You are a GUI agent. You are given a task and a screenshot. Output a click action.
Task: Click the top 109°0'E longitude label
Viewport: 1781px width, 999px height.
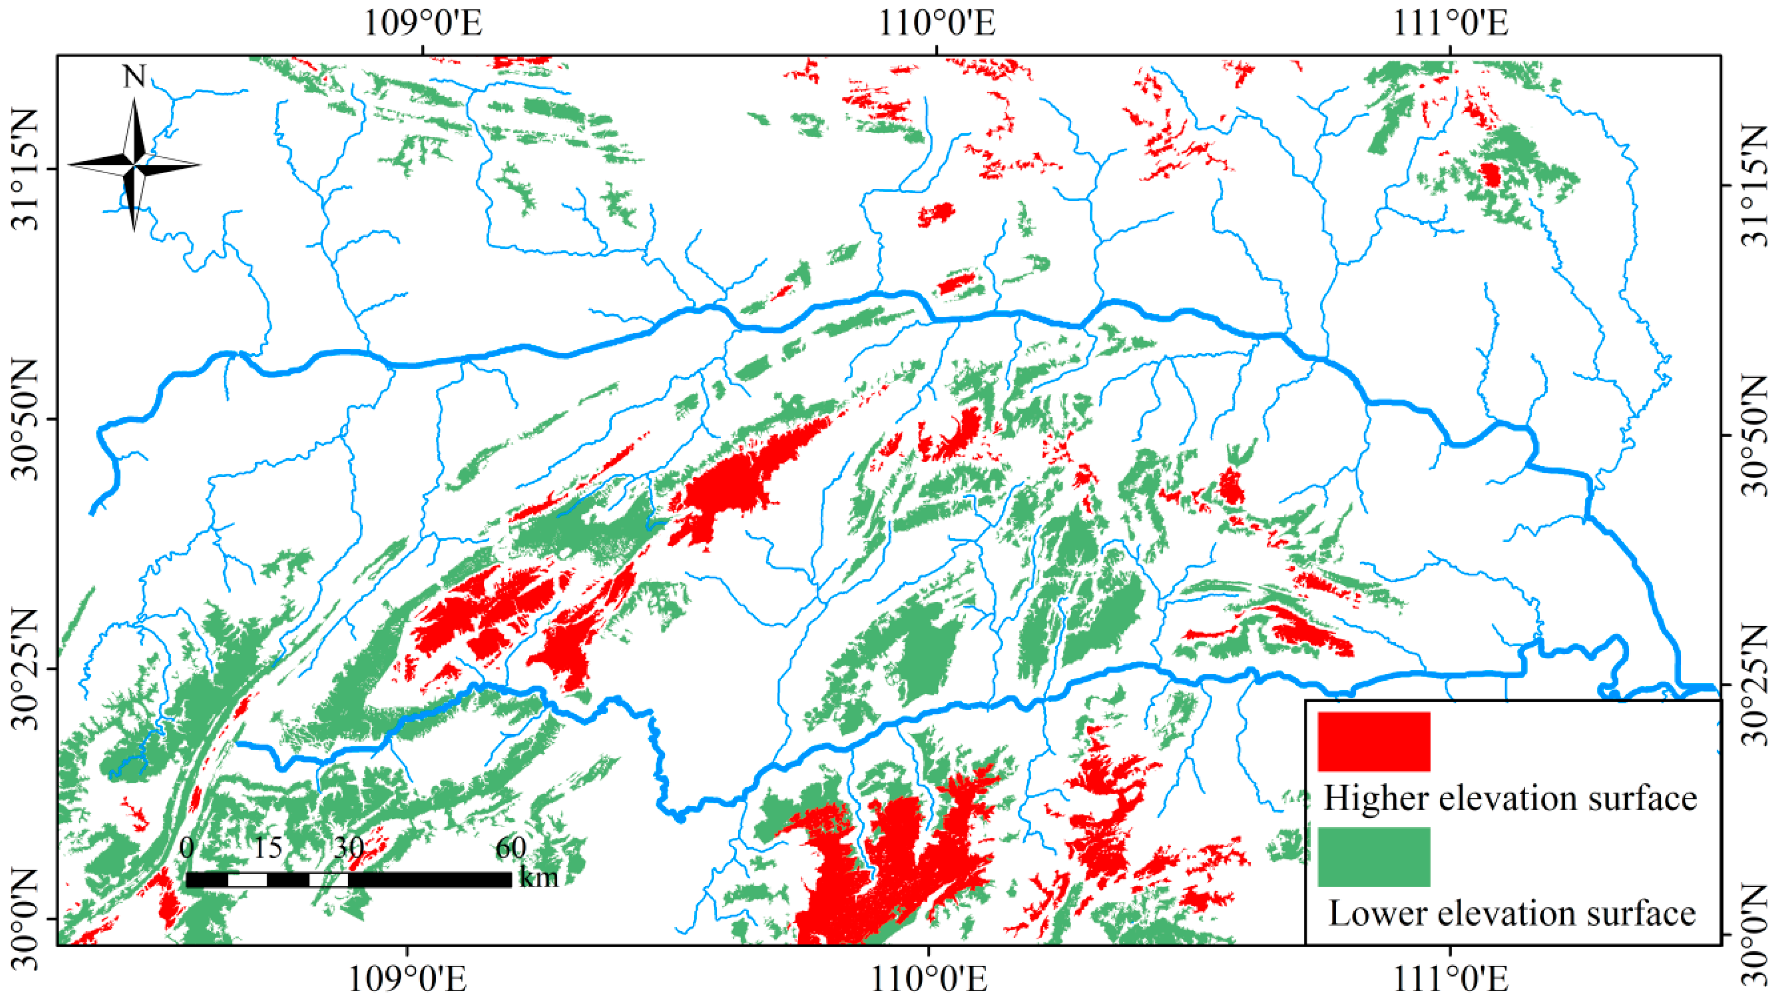pos(422,23)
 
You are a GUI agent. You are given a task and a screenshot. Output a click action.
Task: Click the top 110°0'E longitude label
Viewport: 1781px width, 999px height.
pos(937,23)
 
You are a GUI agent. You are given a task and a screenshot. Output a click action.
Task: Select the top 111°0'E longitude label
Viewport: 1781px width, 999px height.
pos(1450,23)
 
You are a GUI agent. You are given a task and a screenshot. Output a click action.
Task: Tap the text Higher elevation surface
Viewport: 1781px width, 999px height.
pos(1510,798)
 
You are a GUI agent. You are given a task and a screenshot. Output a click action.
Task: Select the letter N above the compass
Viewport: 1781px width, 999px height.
pos(134,77)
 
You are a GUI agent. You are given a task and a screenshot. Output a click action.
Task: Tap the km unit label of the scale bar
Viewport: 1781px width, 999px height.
pos(538,878)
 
